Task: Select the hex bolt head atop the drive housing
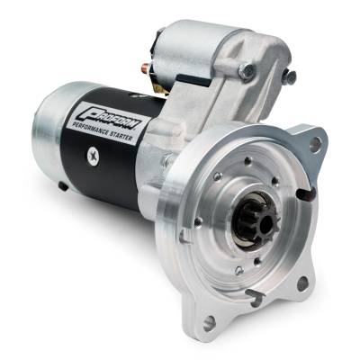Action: click(246, 69)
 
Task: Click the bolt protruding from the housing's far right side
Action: click(288, 76)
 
